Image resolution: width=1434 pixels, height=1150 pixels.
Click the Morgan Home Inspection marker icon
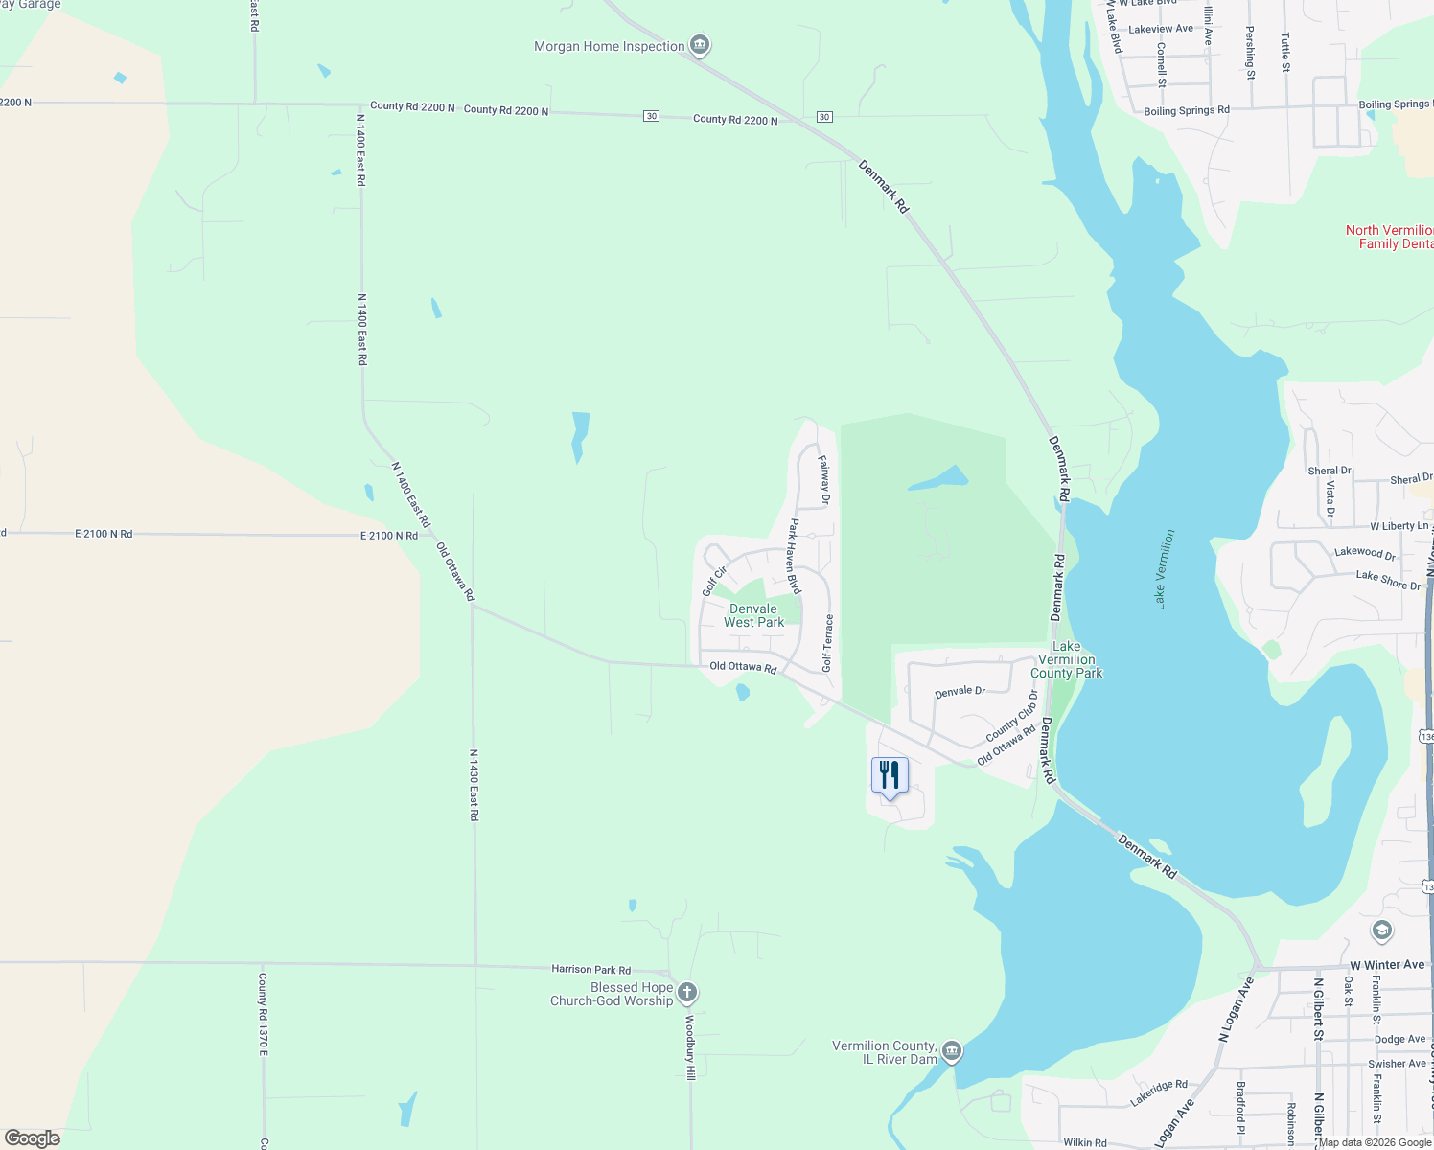click(701, 44)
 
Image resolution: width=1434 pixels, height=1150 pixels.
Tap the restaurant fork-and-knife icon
click(890, 774)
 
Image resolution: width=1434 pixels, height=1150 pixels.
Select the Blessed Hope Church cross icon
click(687, 992)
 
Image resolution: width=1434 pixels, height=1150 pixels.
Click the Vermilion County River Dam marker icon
click(951, 1051)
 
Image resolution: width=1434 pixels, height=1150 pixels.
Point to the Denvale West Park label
click(753, 615)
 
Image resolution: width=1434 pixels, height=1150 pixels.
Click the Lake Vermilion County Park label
click(1066, 659)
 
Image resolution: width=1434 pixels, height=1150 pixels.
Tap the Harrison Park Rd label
click(590, 970)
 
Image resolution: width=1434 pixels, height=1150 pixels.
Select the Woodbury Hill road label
click(689, 1048)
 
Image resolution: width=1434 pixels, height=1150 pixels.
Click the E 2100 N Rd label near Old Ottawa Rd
click(388, 536)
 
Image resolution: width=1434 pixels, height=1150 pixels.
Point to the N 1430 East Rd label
click(474, 785)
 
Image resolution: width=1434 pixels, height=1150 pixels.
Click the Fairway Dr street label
click(824, 479)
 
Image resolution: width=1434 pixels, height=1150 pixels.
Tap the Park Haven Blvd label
click(794, 556)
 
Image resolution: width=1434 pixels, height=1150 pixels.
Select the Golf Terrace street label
click(828, 642)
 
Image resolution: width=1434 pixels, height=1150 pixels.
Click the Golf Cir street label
click(714, 581)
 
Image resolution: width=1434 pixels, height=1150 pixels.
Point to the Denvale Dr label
click(960, 691)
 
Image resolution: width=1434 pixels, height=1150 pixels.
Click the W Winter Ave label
click(1386, 965)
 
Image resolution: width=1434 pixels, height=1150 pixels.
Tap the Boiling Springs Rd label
click(1186, 111)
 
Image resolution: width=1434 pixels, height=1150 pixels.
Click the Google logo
click(33, 1138)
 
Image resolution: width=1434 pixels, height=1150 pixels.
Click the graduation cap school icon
click(1381, 931)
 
